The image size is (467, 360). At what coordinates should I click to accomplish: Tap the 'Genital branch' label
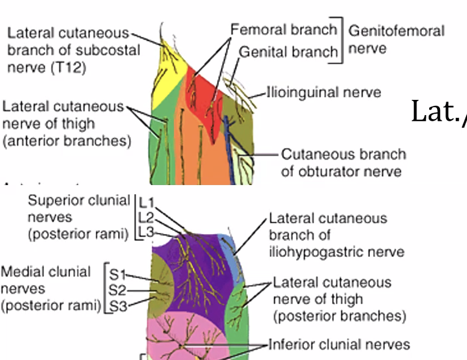(x=289, y=51)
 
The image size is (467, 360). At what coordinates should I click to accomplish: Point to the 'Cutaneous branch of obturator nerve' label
(x=343, y=162)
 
